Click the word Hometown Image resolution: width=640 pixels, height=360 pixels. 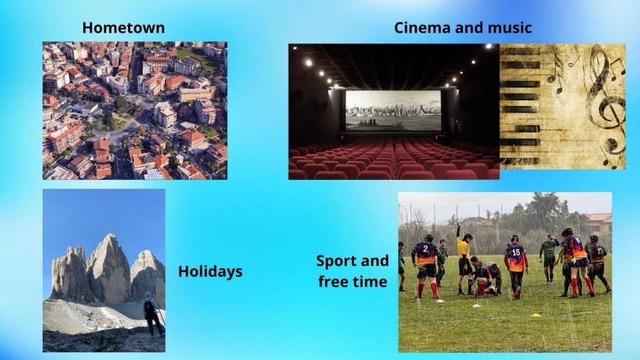[124, 28]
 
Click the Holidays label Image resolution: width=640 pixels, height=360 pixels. [210, 272]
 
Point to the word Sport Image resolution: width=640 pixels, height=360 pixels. [341, 261]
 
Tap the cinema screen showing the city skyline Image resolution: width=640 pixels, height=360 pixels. [393, 110]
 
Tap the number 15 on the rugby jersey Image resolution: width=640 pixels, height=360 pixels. [516, 253]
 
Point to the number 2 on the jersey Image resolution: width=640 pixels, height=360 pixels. [425, 248]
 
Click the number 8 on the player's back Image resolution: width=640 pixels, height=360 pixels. [577, 240]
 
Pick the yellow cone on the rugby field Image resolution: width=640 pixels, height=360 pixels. [536, 315]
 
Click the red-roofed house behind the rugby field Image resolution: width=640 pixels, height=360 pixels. [597, 223]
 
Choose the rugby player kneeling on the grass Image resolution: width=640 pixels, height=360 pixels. [482, 277]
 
